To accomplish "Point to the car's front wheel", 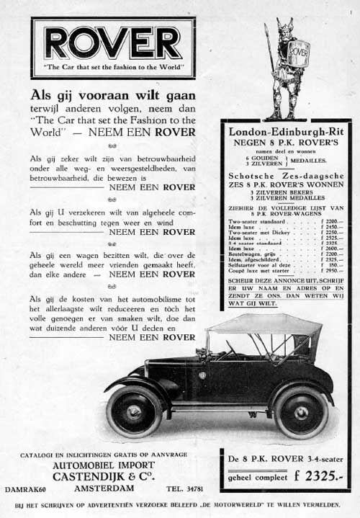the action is [134, 411].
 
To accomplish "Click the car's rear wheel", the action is [301, 411].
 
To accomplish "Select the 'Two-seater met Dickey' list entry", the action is [258, 233].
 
